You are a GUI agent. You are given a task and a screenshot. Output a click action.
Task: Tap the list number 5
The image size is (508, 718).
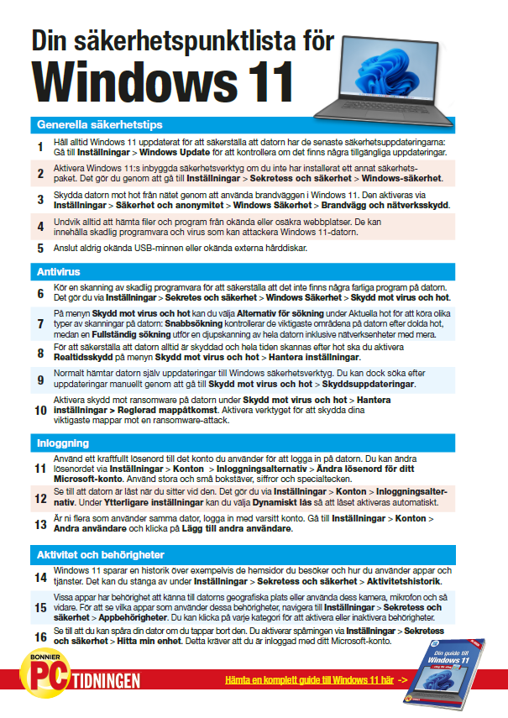(x=39, y=249)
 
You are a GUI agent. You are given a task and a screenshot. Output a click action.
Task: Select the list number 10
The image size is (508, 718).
(x=39, y=410)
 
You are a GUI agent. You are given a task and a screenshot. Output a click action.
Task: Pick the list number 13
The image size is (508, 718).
(x=39, y=525)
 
